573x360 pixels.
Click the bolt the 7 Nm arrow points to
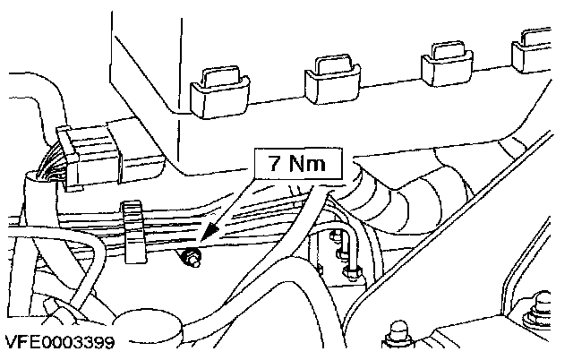point(190,261)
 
